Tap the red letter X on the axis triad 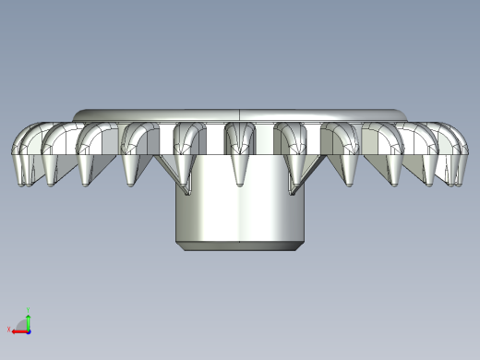click(10, 329)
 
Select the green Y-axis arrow click(29, 321)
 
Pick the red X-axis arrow click(19, 329)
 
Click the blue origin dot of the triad click(29, 330)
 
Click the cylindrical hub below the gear click(240, 208)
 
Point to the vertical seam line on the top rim click(240, 114)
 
